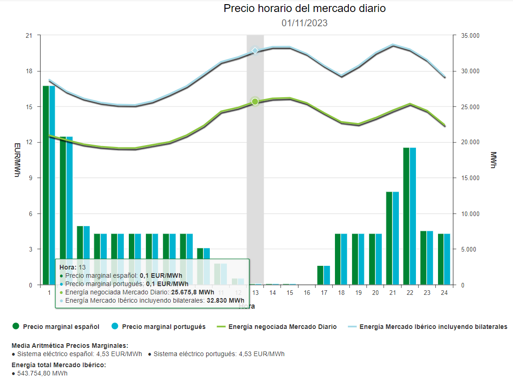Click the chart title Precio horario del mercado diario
[x=304, y=8]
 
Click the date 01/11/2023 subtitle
[x=304, y=23]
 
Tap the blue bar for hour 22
[x=413, y=216]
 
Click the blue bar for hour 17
[x=327, y=275]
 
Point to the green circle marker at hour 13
[x=255, y=101]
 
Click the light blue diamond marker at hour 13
[x=255, y=50]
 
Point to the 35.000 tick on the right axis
[x=469, y=36]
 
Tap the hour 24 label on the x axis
[x=444, y=293]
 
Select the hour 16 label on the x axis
[x=306, y=293]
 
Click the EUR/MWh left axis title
[x=17, y=160]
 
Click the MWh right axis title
[x=494, y=160]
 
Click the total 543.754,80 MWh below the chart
[x=42, y=373]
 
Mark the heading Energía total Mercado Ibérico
[x=59, y=365]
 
